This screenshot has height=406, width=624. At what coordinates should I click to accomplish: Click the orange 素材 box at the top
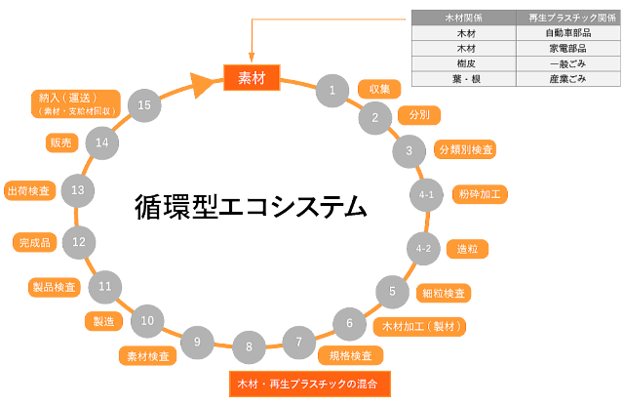click(x=252, y=76)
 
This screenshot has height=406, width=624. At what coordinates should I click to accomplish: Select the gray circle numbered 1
click(x=332, y=91)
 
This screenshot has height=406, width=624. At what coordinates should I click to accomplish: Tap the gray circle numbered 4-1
click(x=426, y=195)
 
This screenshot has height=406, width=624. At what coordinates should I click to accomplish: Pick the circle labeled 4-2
click(x=423, y=249)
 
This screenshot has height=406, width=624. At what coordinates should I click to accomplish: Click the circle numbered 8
click(x=249, y=346)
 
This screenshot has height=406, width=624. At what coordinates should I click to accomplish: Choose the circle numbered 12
click(x=78, y=241)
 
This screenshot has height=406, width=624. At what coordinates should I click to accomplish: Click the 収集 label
click(x=379, y=89)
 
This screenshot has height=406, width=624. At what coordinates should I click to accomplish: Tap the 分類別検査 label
click(x=466, y=149)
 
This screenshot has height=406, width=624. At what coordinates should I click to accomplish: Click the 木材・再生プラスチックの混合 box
click(x=309, y=384)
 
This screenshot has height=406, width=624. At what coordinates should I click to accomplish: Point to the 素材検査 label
click(x=147, y=356)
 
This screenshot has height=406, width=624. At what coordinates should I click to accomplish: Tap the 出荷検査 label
click(x=27, y=190)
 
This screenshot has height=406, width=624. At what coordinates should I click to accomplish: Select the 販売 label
click(x=60, y=142)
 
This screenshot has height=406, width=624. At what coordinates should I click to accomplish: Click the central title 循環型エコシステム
click(x=251, y=207)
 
